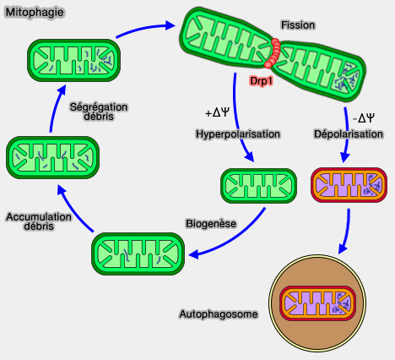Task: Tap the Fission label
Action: [x=299, y=25]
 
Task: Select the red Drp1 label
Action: [x=262, y=80]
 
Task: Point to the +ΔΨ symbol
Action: [x=217, y=112]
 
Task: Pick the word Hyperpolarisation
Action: [x=231, y=134]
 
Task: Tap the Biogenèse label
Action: [x=210, y=224]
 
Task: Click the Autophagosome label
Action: [x=218, y=314]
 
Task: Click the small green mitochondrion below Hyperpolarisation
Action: [x=259, y=186]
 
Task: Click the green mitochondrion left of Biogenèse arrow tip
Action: [x=138, y=254]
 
